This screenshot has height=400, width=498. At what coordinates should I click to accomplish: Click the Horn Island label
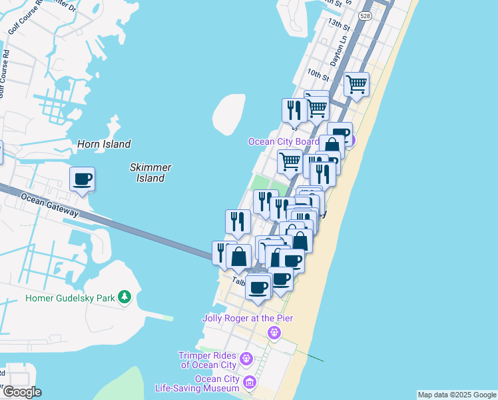click(104, 144)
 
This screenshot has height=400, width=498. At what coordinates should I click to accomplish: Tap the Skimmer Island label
click(150, 173)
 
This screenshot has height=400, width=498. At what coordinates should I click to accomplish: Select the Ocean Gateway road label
click(49, 205)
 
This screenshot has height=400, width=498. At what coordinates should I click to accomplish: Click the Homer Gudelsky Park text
click(69, 297)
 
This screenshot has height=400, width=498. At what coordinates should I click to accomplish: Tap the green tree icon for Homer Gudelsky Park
click(124, 297)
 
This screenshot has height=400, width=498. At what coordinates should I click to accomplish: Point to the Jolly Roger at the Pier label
click(247, 318)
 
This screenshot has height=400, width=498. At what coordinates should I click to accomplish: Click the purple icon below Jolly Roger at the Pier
click(272, 332)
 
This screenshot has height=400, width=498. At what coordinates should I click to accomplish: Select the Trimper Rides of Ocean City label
click(207, 360)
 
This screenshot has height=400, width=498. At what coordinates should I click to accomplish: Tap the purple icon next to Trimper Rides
click(246, 359)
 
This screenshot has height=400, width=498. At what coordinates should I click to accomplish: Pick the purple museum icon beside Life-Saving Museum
click(249, 383)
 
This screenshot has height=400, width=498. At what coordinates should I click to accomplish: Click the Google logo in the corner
click(21, 392)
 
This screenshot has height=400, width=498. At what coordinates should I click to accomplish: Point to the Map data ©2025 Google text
click(457, 395)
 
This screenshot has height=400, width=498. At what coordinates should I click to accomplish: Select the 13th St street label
click(338, 25)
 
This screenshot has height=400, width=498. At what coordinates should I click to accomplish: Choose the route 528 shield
click(364, 16)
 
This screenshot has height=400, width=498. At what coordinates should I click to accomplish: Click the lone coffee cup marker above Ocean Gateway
click(82, 179)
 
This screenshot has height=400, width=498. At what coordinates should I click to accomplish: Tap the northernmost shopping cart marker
click(357, 84)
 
